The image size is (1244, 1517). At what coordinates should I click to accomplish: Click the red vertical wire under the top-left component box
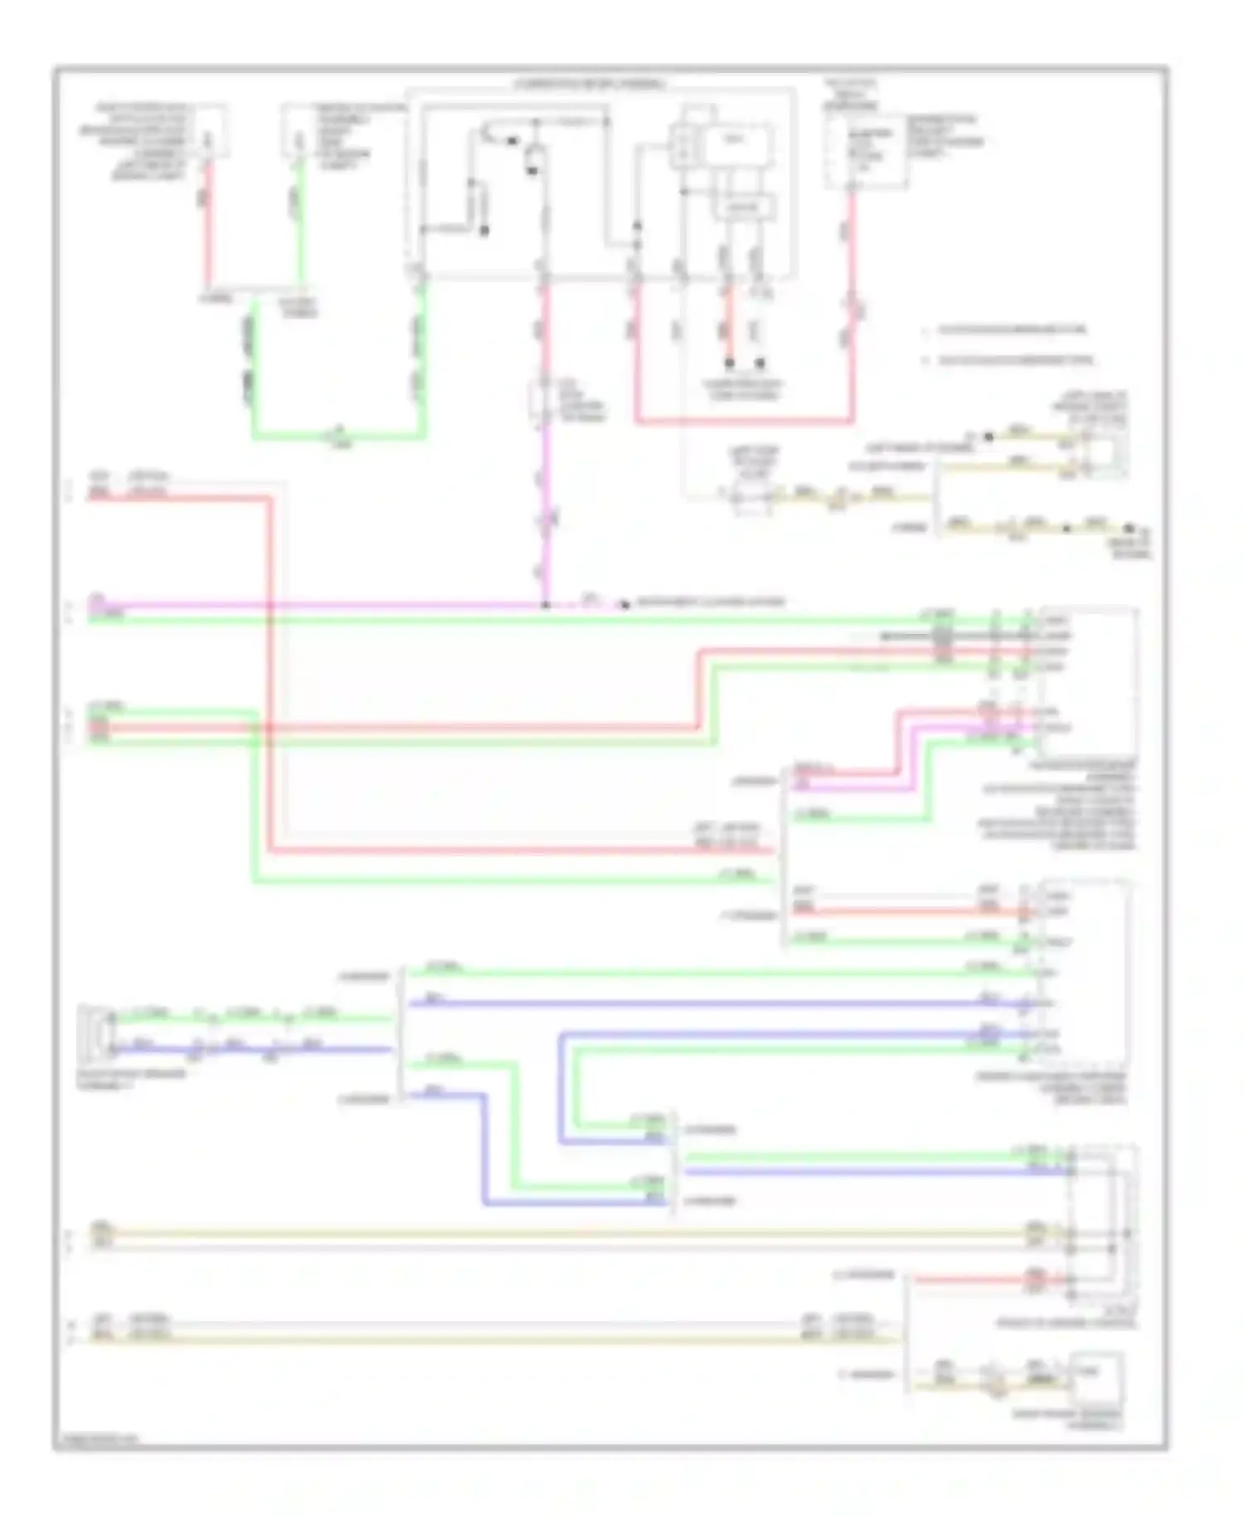(208, 224)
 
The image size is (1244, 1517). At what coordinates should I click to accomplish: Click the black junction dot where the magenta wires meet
(545, 605)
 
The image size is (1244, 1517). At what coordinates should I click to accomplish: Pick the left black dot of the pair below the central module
(730, 363)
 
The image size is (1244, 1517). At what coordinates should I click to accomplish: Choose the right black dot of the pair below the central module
(760, 363)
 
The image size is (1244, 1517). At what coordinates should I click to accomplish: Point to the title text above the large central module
(590, 85)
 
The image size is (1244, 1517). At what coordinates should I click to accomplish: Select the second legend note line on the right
(1015, 360)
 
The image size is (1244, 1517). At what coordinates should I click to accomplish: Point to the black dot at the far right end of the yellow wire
(1128, 528)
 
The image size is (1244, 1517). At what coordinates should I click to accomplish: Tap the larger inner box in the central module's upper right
(738, 146)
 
